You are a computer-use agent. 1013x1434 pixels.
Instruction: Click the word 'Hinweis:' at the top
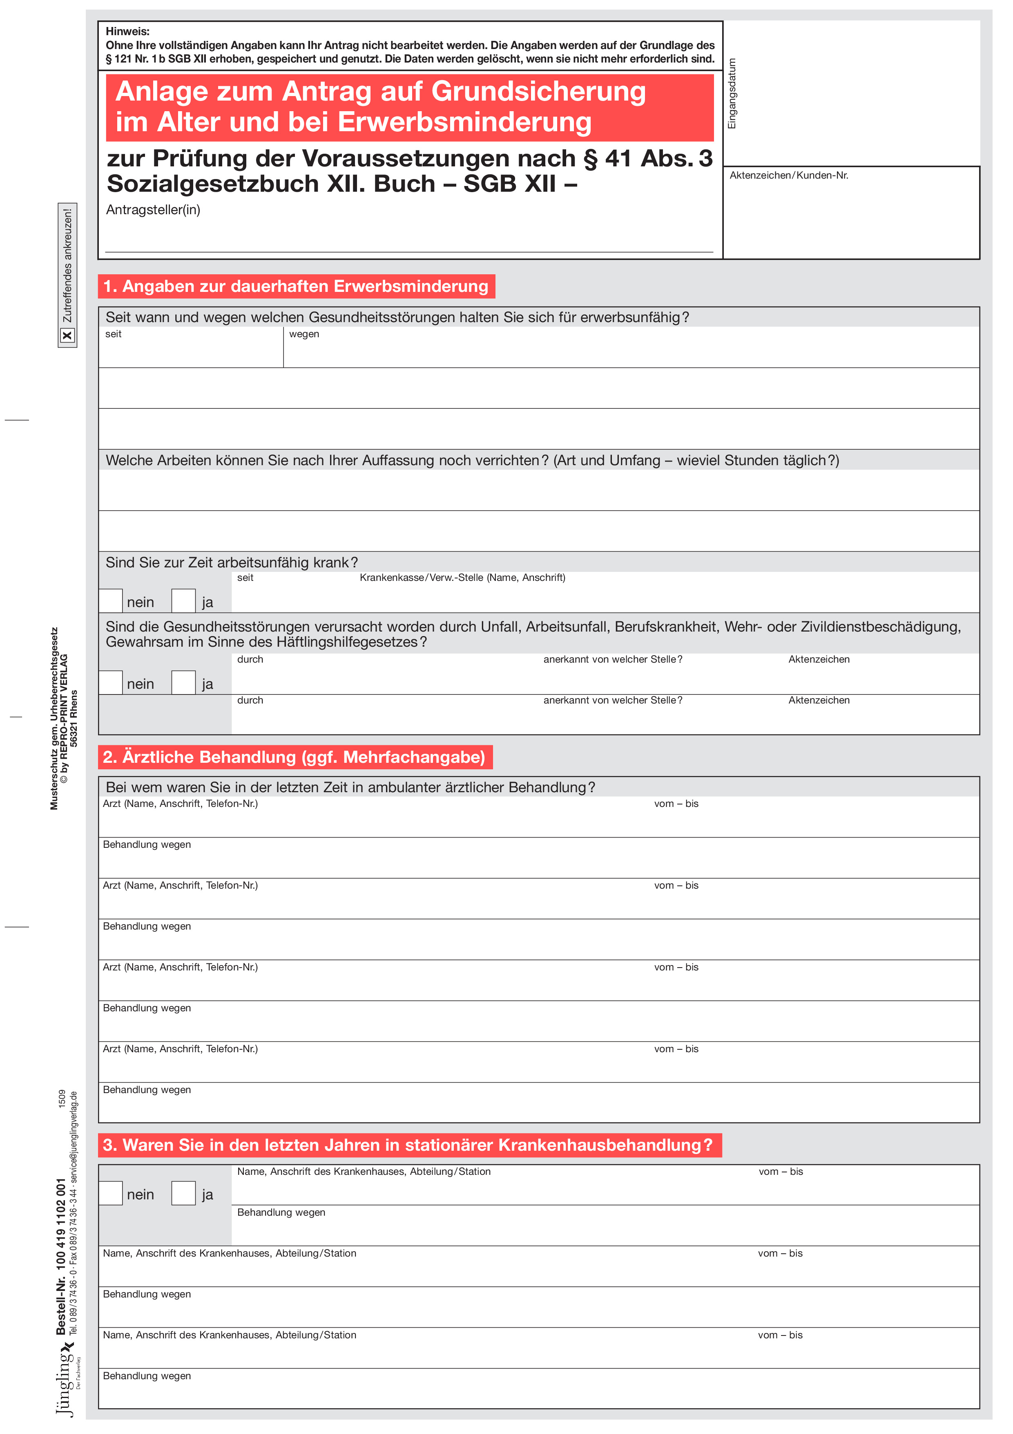(x=127, y=31)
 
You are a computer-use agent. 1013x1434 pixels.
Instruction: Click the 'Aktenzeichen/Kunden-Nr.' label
(x=788, y=175)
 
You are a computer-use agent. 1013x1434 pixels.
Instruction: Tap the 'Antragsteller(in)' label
(x=153, y=210)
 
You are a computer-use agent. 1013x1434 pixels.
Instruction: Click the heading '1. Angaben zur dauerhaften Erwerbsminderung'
(x=296, y=286)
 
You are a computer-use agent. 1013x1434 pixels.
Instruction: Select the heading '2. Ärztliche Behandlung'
(x=295, y=757)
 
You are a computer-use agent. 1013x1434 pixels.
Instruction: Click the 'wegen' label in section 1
(x=304, y=334)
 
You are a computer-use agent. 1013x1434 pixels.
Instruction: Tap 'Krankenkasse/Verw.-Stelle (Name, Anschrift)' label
(x=462, y=578)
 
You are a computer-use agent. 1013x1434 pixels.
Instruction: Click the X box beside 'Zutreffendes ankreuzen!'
(x=67, y=336)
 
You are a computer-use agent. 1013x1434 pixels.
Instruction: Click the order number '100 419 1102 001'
(x=61, y=1224)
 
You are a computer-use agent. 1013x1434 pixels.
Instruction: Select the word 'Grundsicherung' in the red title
(x=538, y=91)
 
